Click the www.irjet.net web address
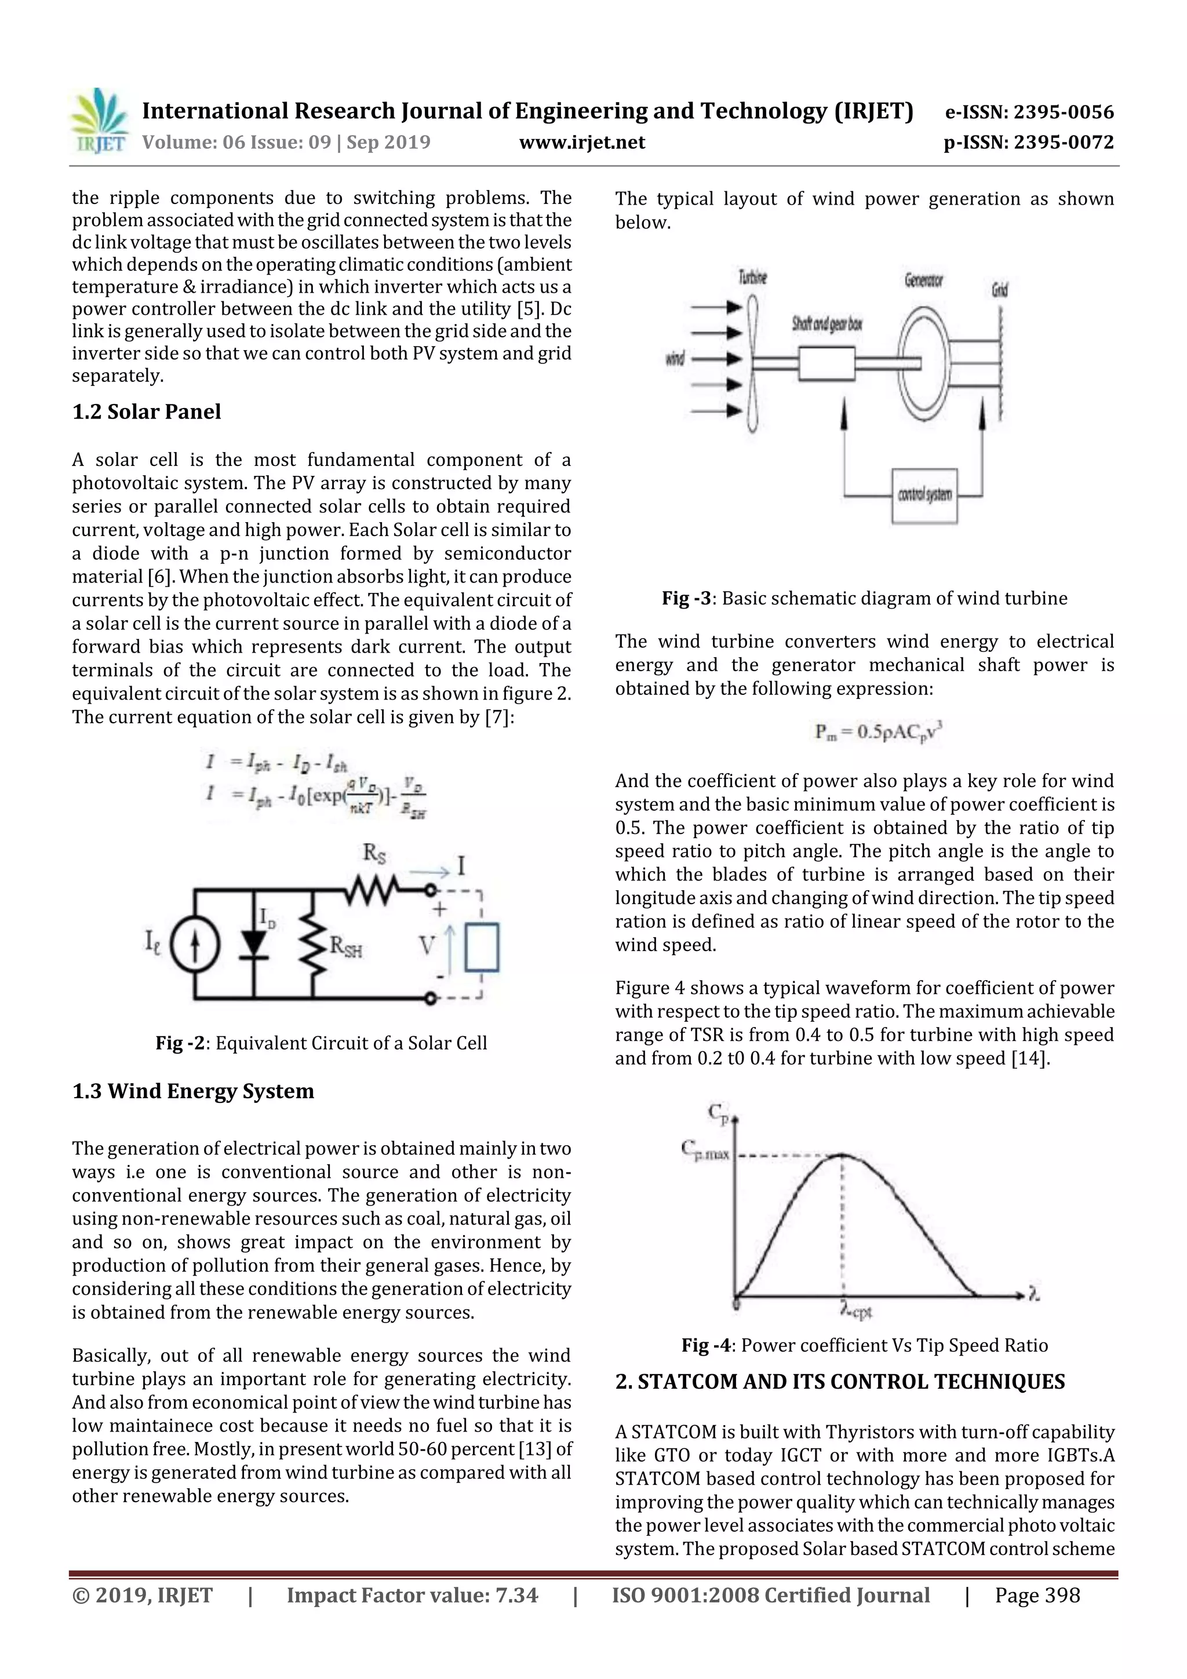[581, 142]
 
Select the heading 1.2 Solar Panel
[146, 411]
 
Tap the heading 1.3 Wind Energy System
[193, 1091]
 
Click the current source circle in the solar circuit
[195, 945]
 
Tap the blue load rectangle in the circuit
[482, 947]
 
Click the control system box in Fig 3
[924, 495]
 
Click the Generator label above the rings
[923, 280]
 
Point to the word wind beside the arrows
[674, 358]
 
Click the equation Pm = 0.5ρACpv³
[877, 731]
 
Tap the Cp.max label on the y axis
[705, 1150]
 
